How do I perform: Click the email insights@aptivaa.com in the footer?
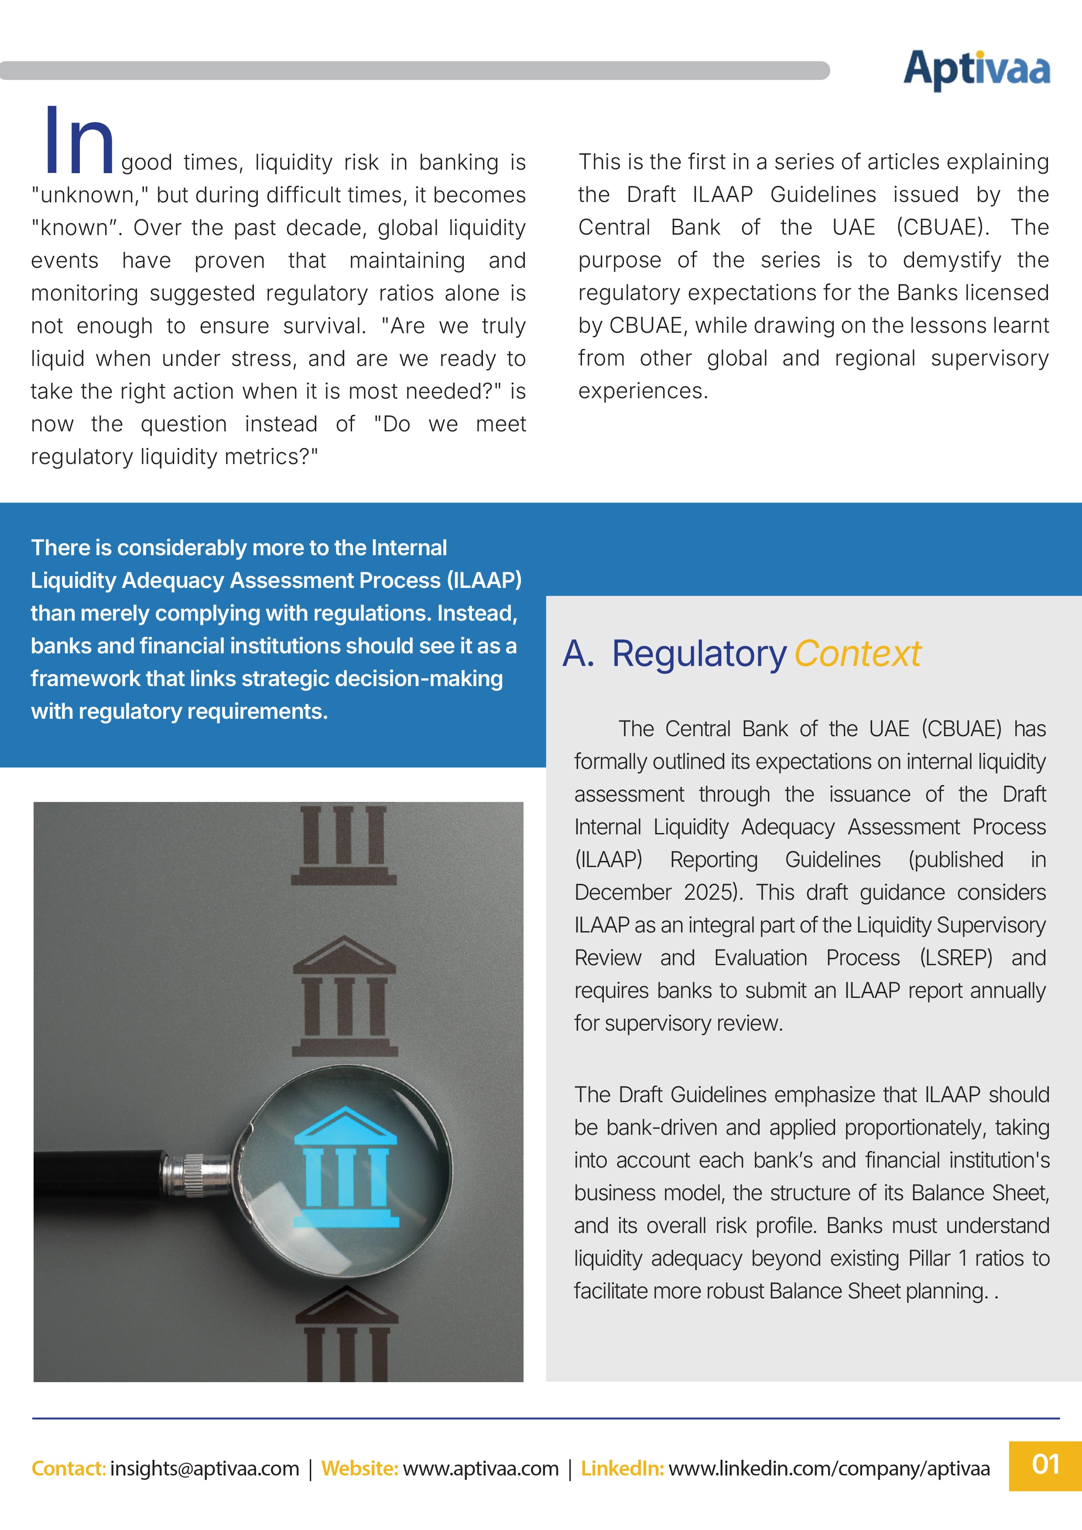(205, 1468)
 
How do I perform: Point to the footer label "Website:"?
(360, 1468)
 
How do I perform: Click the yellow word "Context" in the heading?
(857, 654)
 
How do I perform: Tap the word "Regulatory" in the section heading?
(699, 654)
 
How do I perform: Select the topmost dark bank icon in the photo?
(343, 845)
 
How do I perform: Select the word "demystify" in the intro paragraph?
(952, 260)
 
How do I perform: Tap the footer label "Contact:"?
(68, 1468)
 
